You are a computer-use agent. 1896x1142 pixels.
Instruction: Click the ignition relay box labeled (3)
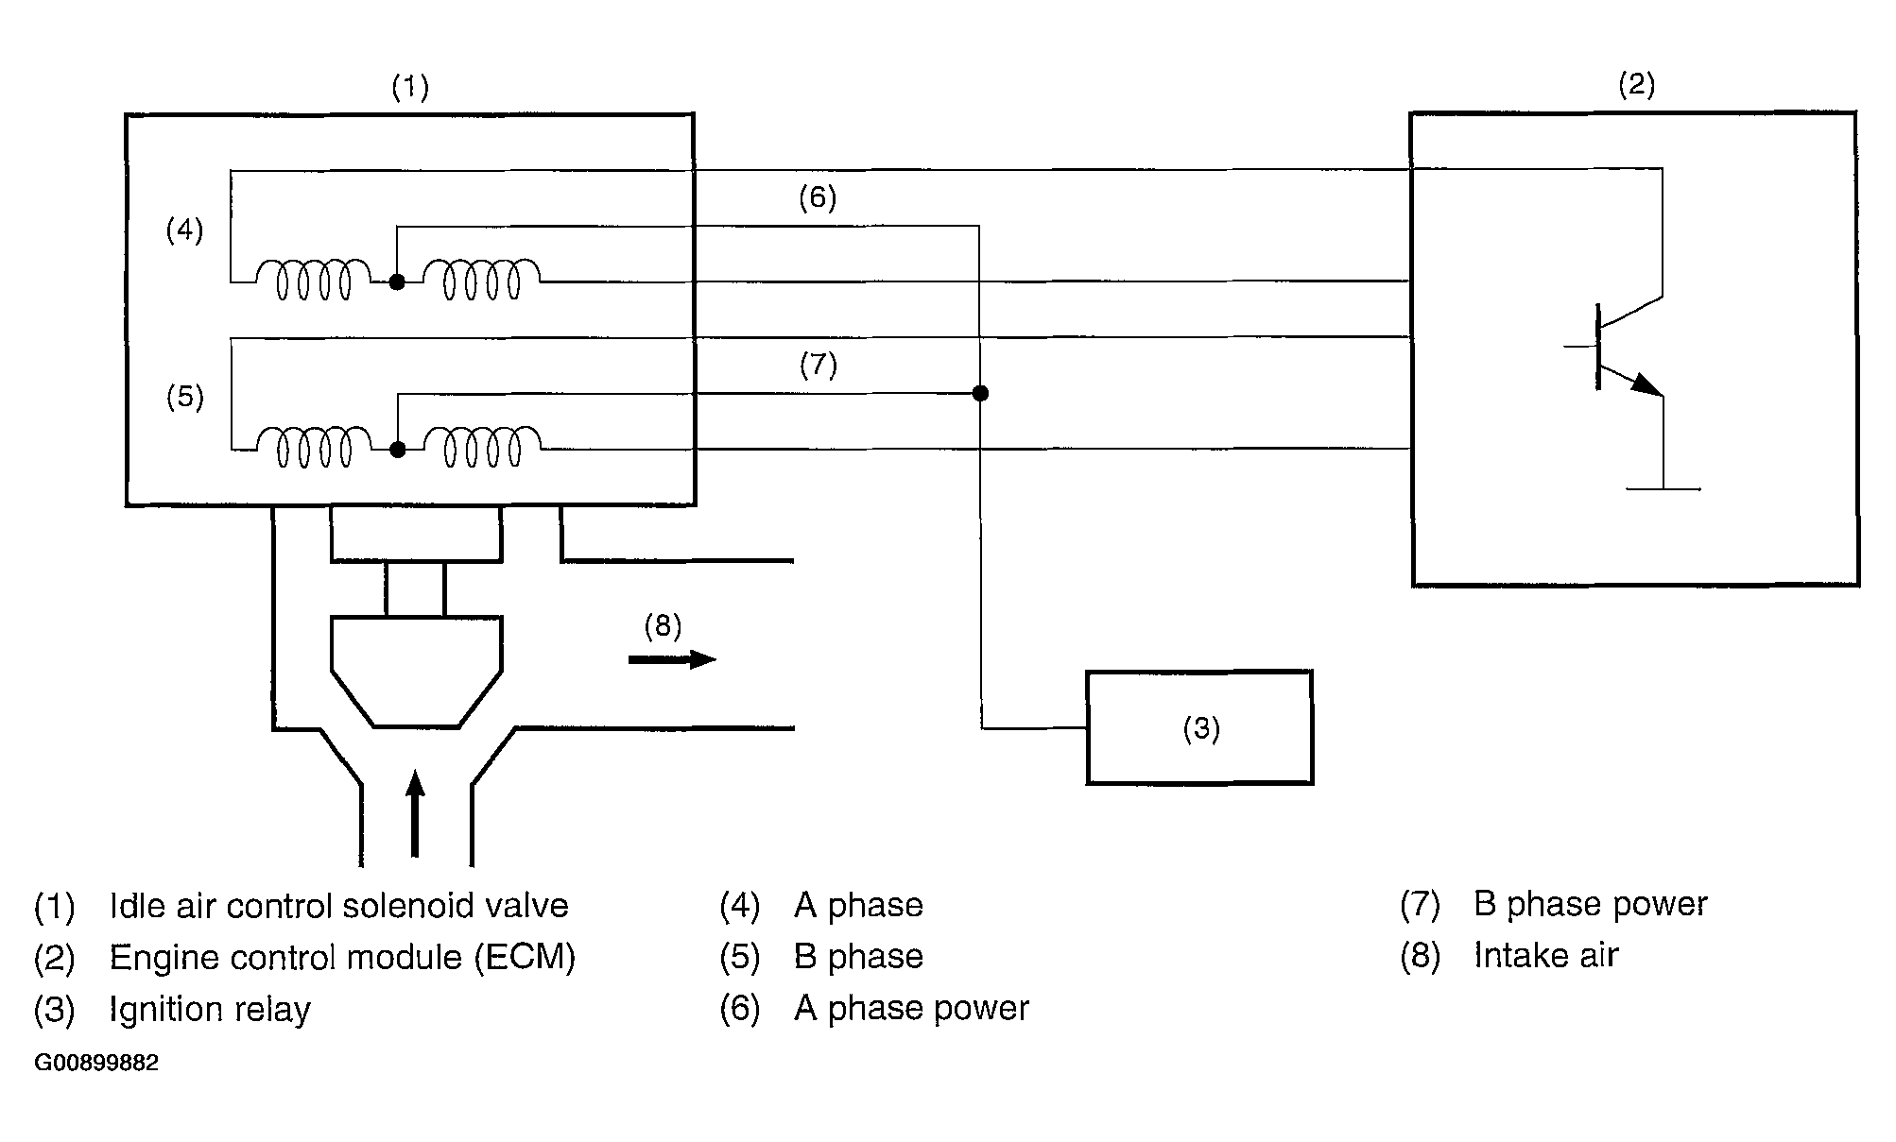pos(1199,727)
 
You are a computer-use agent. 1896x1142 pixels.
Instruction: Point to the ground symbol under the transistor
pos(1663,488)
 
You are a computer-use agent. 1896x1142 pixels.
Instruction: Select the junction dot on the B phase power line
pos(980,393)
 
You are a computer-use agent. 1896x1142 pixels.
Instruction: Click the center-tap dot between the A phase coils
pos(397,281)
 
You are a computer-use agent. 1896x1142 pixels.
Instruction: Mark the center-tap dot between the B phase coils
pos(398,450)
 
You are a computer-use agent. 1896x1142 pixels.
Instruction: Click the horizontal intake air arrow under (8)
pos(672,659)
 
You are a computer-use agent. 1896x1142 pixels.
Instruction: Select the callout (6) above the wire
pos(818,197)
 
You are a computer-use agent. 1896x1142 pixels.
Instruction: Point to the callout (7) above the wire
pos(819,365)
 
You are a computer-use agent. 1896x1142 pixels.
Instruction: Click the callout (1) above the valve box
pos(410,88)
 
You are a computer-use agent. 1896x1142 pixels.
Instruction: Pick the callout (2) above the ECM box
pos(1637,85)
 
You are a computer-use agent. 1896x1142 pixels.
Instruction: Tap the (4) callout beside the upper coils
pos(185,230)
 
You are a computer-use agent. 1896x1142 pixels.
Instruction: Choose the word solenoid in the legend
pos(408,906)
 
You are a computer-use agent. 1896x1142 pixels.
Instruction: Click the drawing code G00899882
pos(96,1063)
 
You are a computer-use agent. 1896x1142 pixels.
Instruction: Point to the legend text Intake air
pos(1545,956)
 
